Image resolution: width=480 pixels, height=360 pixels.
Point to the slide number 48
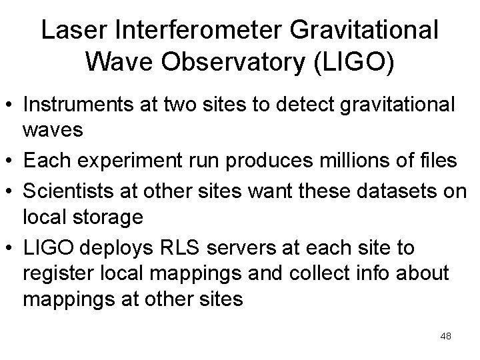(446, 336)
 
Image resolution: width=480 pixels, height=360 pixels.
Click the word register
(52, 274)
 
